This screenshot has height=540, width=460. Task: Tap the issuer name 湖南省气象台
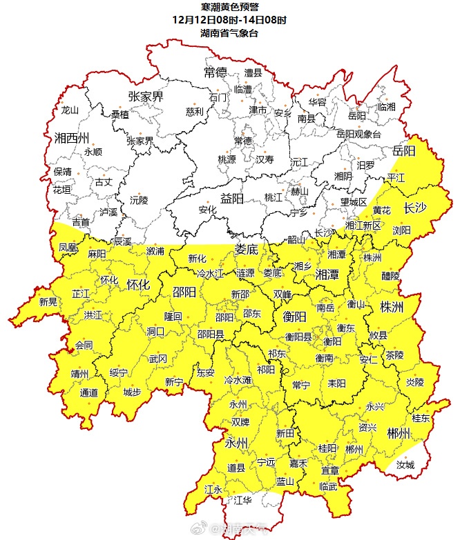tap(229, 32)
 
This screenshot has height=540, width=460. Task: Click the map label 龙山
tap(70, 110)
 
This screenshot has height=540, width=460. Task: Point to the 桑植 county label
tap(120, 114)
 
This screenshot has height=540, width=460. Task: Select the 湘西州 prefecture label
tap(73, 137)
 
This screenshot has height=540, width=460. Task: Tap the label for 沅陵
tap(139, 201)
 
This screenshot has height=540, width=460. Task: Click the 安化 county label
tap(207, 210)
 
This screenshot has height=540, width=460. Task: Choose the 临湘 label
tap(387, 107)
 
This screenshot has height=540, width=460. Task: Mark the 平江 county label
tap(396, 177)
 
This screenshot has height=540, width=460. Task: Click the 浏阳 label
tap(401, 230)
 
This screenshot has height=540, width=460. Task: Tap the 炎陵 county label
tap(414, 381)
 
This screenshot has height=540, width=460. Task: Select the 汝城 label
tap(405, 465)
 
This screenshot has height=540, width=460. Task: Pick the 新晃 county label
tap(48, 301)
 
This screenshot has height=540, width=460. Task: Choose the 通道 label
tap(89, 393)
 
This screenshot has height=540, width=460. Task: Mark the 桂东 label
tap(421, 418)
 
